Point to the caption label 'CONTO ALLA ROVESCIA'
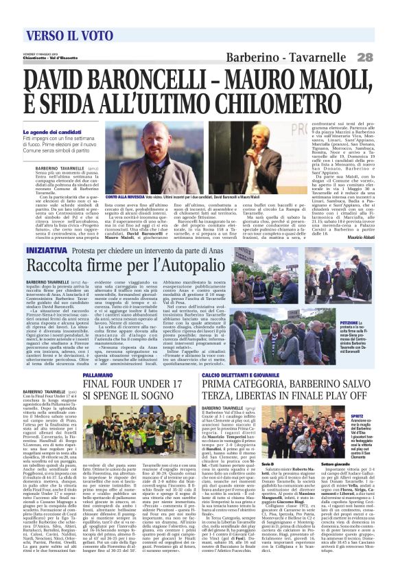125,196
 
